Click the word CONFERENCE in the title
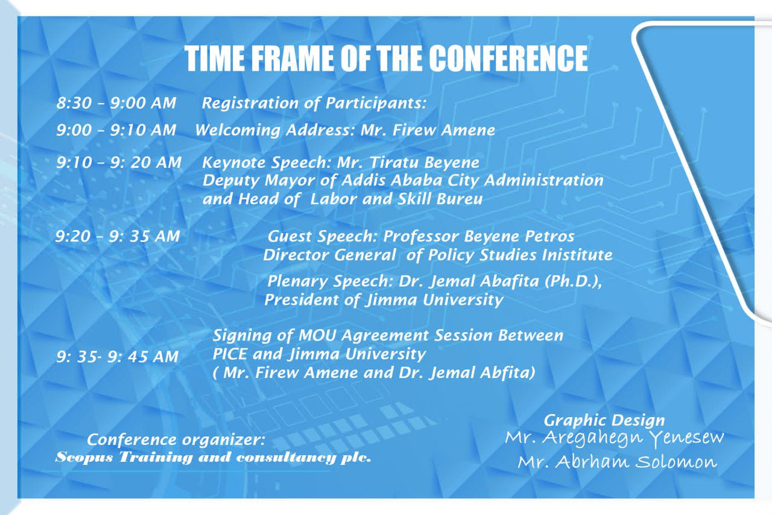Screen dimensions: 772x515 508,59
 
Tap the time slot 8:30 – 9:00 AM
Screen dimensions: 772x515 116,103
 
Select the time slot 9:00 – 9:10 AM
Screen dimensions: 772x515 116,130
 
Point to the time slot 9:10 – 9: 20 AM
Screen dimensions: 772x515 119,162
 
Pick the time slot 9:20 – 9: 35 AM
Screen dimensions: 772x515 118,236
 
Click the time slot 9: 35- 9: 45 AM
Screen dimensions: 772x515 118,357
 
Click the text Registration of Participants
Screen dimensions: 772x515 314,103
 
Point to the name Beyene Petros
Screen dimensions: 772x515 519,236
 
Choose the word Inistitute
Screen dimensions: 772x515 577,255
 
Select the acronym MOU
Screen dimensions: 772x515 317,335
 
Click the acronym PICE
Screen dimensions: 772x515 230,354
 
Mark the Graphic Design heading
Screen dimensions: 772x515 604,421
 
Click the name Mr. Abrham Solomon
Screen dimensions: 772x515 617,462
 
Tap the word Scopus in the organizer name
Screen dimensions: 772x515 84,458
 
